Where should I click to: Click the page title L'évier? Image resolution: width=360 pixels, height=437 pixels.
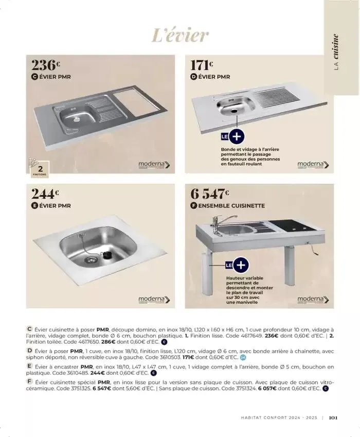180,35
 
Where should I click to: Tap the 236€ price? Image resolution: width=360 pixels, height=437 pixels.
46,66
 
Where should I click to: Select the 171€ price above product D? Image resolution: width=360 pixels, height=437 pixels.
202,66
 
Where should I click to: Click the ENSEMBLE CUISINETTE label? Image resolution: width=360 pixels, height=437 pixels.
231,205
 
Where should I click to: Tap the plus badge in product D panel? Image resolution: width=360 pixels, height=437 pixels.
237,137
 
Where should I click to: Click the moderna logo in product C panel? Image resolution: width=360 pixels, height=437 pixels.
154,165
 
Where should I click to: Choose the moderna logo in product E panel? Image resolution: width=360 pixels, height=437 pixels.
154,300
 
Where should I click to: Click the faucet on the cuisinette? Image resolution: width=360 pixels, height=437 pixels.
219,221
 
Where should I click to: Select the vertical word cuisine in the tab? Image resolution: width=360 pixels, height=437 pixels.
336,46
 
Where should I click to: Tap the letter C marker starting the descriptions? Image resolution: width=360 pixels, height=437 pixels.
29,328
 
